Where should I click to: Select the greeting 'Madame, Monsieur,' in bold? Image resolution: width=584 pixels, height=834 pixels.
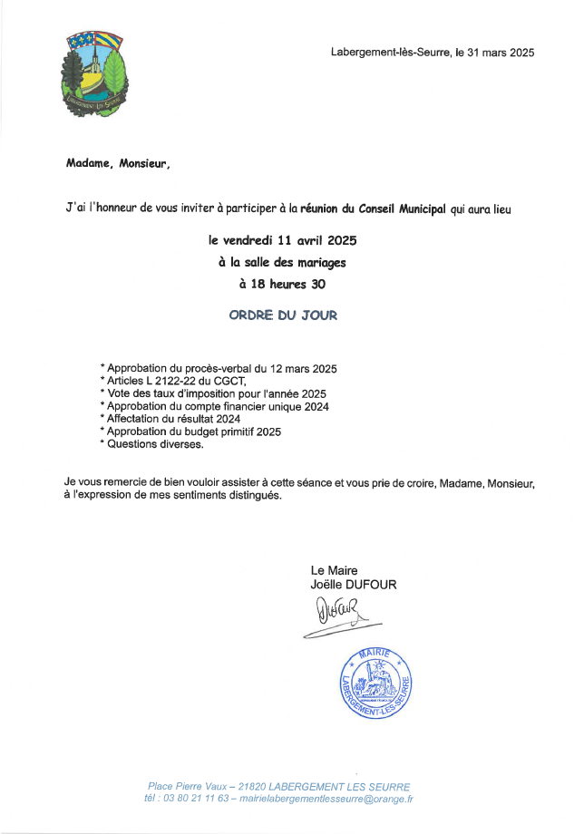(117, 164)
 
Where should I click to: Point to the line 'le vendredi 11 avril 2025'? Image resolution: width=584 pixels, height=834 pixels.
(282, 241)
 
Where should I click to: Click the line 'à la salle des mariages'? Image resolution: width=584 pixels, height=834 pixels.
(282, 263)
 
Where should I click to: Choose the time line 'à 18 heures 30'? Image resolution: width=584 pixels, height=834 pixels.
(282, 284)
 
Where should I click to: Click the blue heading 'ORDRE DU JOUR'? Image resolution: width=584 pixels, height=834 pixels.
(282, 315)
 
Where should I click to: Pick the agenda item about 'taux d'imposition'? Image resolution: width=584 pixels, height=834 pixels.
(213, 393)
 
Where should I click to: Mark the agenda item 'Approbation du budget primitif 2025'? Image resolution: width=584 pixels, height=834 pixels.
(193, 432)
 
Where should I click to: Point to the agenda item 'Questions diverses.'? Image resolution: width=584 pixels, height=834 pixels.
(152, 444)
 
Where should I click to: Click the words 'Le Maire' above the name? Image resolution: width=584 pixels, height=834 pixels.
(334, 571)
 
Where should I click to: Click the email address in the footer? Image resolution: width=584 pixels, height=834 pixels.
(324, 800)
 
